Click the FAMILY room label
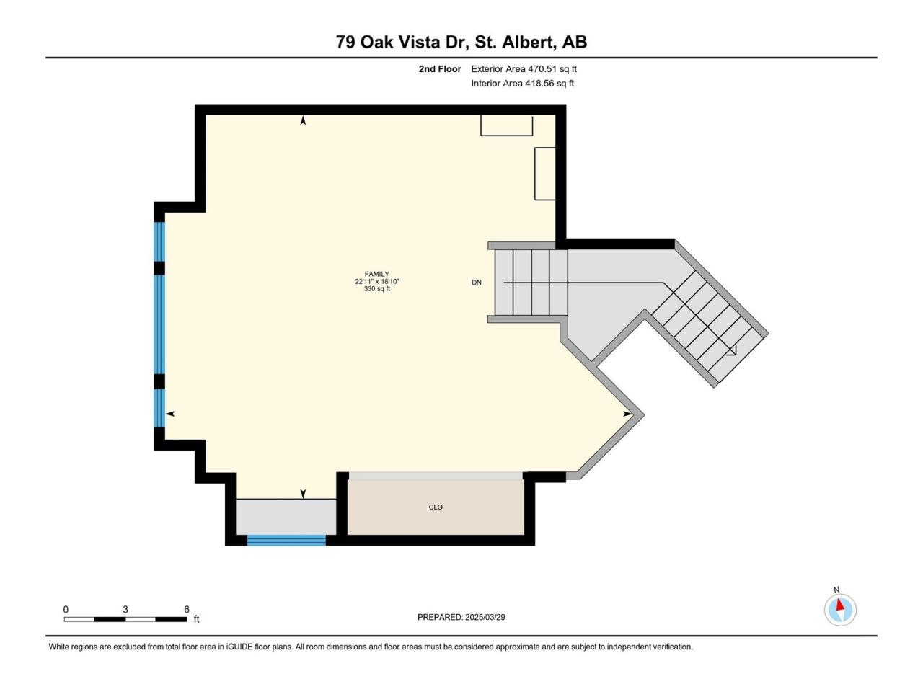tap(376, 274)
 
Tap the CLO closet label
tap(436, 507)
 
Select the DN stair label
tap(477, 283)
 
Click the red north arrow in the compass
tap(839, 605)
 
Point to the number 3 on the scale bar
tap(125, 609)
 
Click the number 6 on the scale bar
tap(187, 609)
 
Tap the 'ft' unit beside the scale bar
tap(196, 619)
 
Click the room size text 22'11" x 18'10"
tap(376, 282)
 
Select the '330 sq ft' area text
tap(376, 288)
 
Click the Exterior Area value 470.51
tap(542, 69)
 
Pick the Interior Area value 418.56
tap(539, 83)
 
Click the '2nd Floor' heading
tap(440, 69)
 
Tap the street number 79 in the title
tap(345, 42)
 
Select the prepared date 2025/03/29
tap(485, 617)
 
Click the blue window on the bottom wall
tap(286, 540)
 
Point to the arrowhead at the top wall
tap(303, 120)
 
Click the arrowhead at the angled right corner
tap(627, 414)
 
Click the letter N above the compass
tap(836, 590)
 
